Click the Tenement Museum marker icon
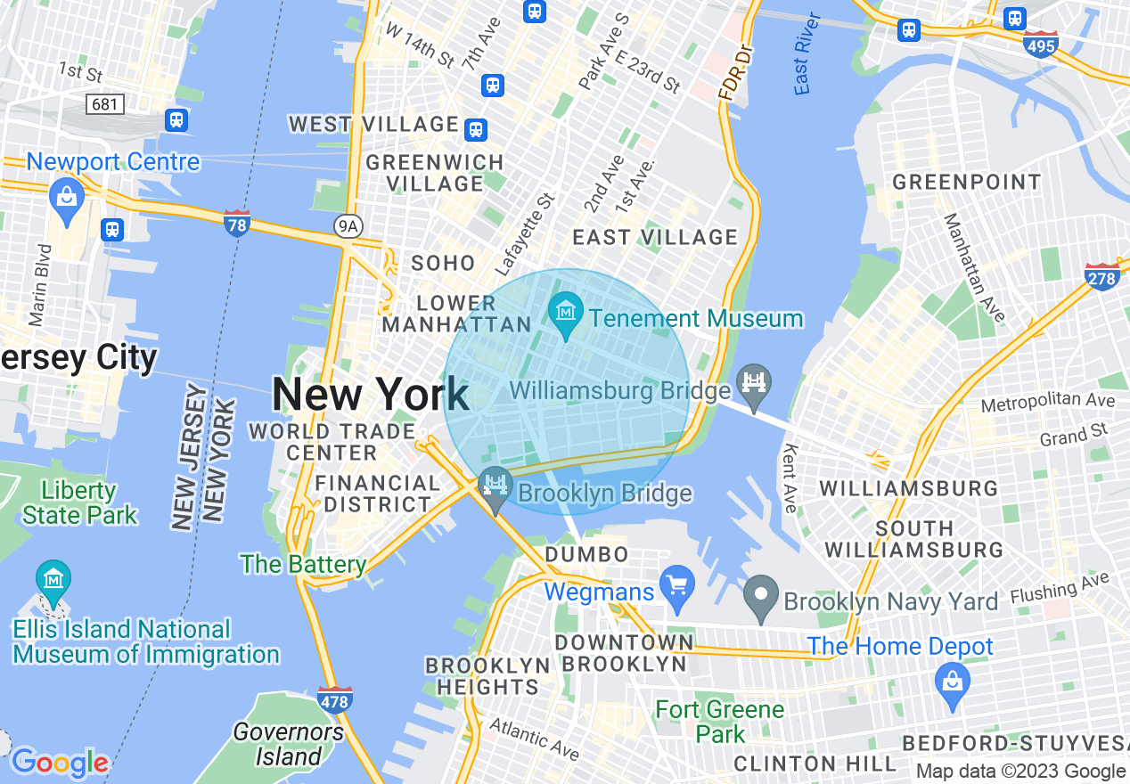pyautogui.click(x=566, y=313)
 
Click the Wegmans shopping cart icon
pyautogui.click(x=677, y=587)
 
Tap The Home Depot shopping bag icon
pyautogui.click(x=953, y=683)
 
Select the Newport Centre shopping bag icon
pyautogui.click(x=67, y=197)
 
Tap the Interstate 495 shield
pyautogui.click(x=1041, y=45)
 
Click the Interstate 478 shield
pyautogui.click(x=335, y=699)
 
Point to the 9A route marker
pyautogui.click(x=348, y=227)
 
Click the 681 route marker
pyautogui.click(x=104, y=104)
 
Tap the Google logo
pyautogui.click(x=60, y=763)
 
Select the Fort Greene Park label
pyautogui.click(x=720, y=722)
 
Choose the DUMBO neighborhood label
pyautogui.click(x=586, y=555)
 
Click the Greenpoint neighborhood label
pyautogui.click(x=966, y=183)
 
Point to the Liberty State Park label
pyautogui.click(x=80, y=502)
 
